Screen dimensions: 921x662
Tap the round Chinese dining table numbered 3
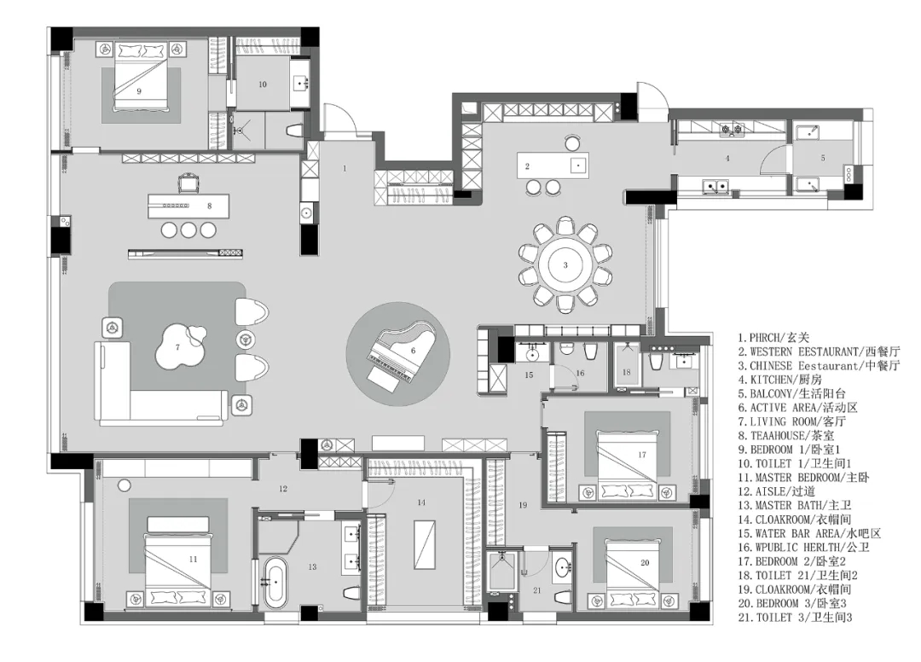(565, 265)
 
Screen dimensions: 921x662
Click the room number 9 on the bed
(139, 91)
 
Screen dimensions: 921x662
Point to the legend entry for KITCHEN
(780, 380)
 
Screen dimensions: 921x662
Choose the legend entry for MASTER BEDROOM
(803, 478)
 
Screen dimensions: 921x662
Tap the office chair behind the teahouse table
(188, 183)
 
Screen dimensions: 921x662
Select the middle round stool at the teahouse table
(188, 229)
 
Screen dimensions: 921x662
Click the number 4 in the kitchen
(727, 158)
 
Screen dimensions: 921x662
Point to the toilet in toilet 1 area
(293, 131)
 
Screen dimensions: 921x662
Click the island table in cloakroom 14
(423, 544)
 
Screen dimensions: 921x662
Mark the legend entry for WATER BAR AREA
(809, 533)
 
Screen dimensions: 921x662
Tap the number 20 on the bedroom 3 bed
(645, 562)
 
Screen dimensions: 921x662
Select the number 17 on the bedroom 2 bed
(641, 454)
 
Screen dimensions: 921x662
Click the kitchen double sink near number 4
(716, 186)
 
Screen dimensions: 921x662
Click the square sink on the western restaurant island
(578, 165)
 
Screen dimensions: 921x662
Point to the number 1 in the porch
(345, 169)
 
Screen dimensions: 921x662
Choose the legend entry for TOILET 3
(795, 618)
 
